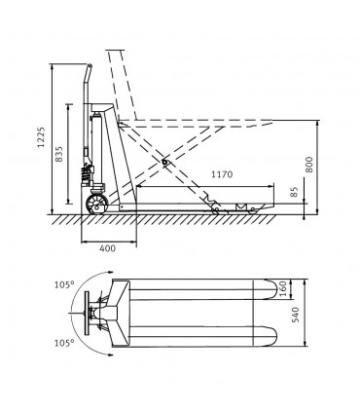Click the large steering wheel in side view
[98, 205]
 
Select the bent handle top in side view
[89, 73]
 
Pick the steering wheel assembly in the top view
[98, 314]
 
